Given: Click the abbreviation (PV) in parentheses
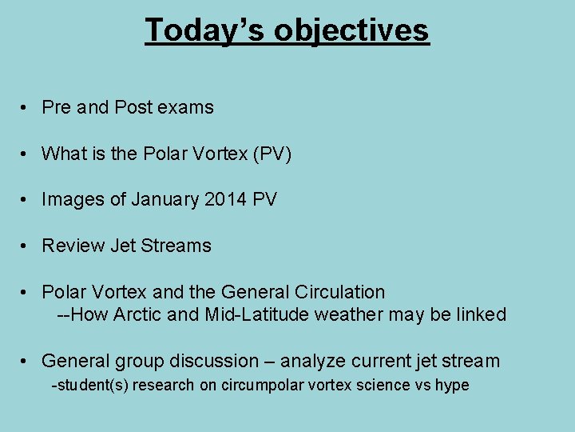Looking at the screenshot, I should tap(272, 154).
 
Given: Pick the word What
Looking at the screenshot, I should tap(63, 154).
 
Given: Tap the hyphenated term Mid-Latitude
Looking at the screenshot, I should tap(257, 314).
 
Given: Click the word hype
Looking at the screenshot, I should tap(451, 386).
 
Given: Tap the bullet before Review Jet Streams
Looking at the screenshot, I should tap(26, 246).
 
